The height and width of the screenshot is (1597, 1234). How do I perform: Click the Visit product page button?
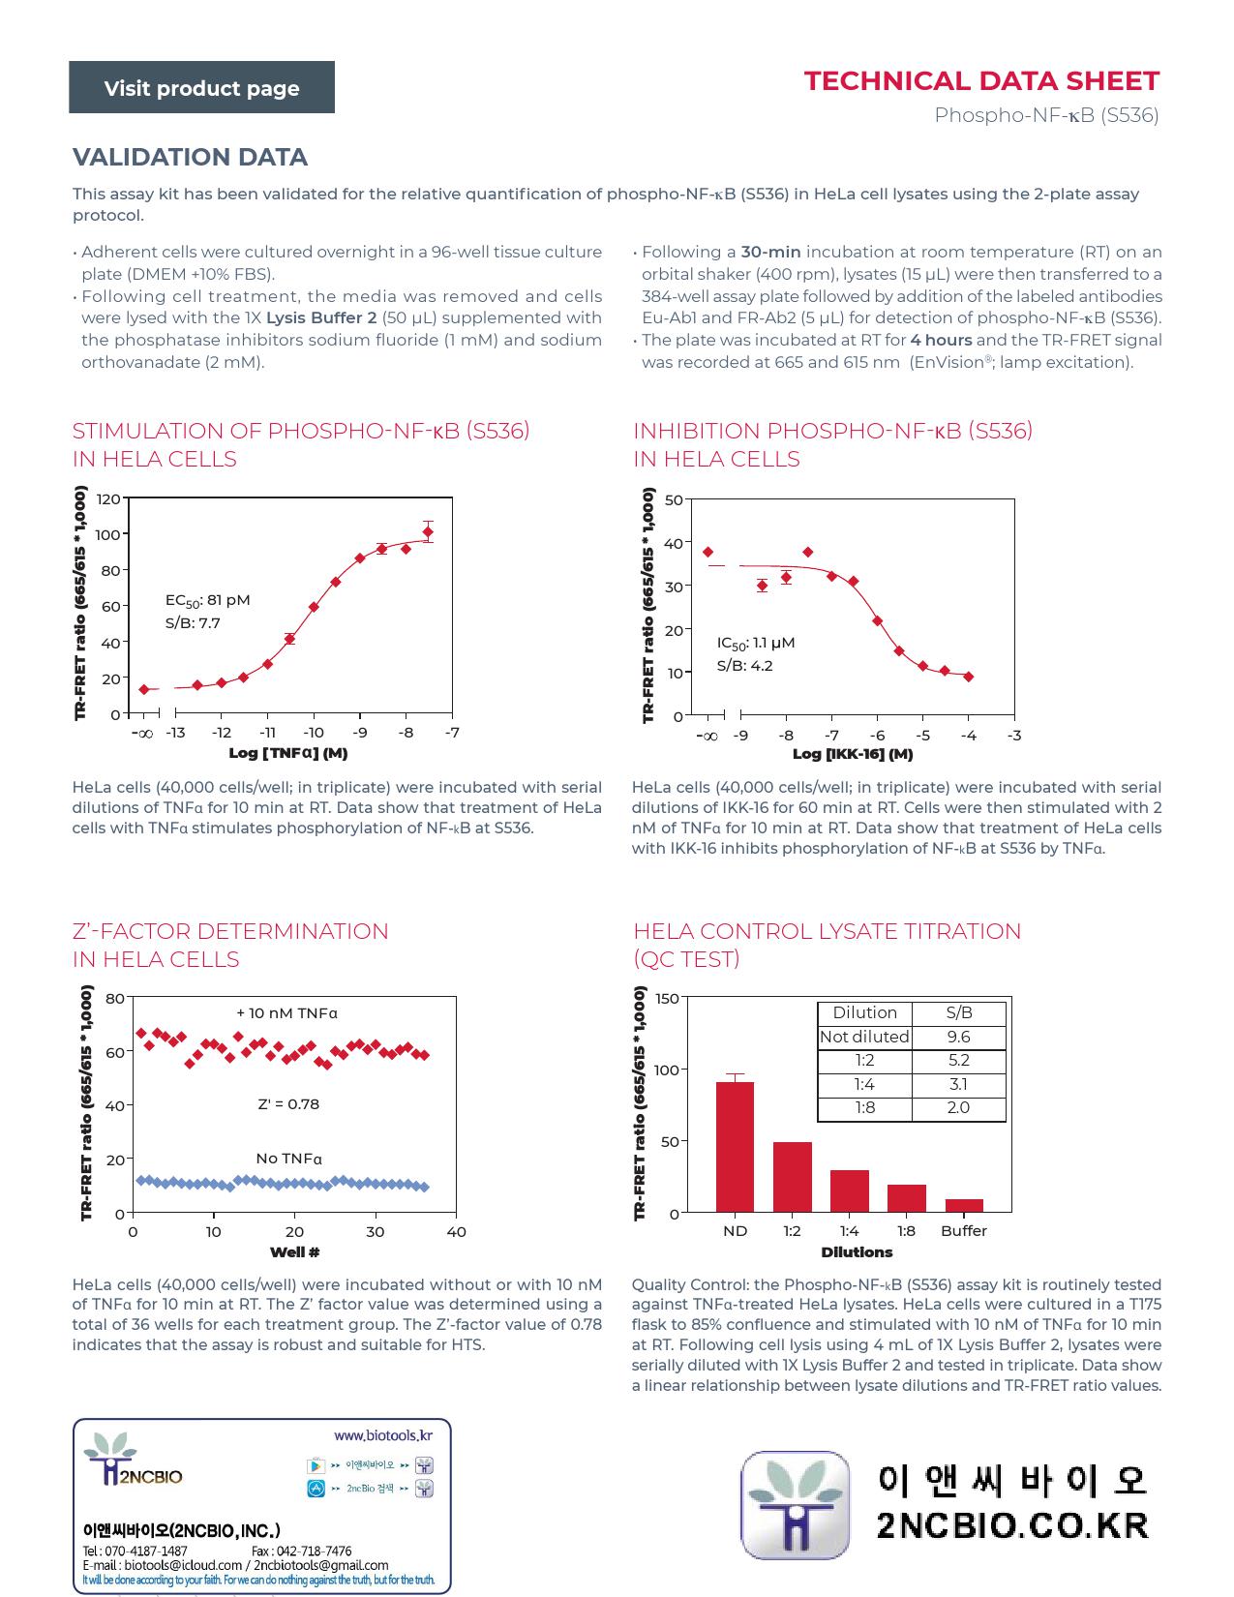(x=201, y=87)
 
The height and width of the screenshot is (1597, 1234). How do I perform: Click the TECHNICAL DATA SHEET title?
(x=981, y=81)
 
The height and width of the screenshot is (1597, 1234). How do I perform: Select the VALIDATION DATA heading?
(x=190, y=157)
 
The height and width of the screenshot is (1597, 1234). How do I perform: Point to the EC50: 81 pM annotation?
(x=207, y=600)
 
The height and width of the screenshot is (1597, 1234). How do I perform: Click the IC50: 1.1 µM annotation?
(x=756, y=643)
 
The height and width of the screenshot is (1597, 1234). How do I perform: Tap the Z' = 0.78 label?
(x=288, y=1103)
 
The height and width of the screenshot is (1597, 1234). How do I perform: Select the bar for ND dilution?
(x=735, y=1147)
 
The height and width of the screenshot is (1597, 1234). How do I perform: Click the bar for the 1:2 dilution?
(x=793, y=1177)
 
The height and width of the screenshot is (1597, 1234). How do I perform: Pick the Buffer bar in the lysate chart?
(x=964, y=1205)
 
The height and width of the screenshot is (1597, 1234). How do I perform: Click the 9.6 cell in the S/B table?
(x=958, y=1037)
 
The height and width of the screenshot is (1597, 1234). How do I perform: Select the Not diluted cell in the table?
(x=864, y=1037)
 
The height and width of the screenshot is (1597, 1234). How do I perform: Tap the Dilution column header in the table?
(x=864, y=1012)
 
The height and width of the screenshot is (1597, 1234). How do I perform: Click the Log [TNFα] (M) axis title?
(x=288, y=753)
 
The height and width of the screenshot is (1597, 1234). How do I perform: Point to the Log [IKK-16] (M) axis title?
(x=853, y=753)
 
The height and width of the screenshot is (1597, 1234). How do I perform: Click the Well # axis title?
(x=294, y=1251)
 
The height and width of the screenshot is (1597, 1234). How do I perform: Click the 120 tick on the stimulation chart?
(x=108, y=499)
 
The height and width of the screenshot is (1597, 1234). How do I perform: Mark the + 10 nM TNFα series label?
(x=286, y=1012)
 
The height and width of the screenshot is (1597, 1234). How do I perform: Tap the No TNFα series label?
(x=288, y=1159)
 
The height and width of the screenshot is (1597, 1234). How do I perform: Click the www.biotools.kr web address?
(x=383, y=1435)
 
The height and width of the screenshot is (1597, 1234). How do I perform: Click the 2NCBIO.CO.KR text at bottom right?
(x=1012, y=1525)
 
